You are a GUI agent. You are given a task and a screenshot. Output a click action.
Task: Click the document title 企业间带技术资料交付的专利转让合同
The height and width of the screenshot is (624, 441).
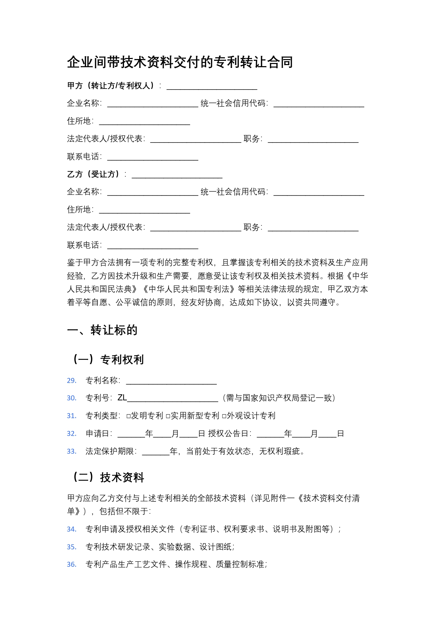180,62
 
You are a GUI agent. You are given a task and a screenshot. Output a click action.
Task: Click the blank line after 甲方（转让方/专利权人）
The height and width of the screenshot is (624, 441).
212,86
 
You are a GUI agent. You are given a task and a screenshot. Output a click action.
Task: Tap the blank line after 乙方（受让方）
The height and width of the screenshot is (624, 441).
177,175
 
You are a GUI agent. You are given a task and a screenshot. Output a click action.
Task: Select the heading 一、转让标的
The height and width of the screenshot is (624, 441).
102,330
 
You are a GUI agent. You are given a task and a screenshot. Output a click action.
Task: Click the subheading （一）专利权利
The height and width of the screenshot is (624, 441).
108,359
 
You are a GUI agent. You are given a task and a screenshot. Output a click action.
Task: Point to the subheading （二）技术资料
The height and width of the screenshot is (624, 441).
108,477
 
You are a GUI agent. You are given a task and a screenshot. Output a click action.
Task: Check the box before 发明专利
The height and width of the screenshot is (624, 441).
129,416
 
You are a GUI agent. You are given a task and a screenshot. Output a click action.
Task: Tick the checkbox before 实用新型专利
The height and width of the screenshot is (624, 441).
168,416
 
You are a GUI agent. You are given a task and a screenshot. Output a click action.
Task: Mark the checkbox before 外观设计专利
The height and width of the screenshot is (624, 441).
224,416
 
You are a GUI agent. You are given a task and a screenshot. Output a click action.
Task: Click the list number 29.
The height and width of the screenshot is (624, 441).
72,381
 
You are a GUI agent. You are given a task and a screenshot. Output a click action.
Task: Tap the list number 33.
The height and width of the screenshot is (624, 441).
72,452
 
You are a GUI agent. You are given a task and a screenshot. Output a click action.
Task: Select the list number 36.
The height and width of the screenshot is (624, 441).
72,564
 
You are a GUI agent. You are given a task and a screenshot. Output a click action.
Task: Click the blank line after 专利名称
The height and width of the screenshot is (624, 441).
171,382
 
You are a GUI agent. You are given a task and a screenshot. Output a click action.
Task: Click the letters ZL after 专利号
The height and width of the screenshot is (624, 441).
122,398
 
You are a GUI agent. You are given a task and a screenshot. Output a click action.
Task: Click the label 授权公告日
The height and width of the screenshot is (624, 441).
230,434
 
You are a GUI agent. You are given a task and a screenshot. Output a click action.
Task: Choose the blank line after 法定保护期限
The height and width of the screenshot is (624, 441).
156,452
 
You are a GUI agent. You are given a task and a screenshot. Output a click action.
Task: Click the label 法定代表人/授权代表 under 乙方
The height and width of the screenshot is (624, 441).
106,227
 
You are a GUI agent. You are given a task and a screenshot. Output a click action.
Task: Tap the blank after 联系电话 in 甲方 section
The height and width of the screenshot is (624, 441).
152,158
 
